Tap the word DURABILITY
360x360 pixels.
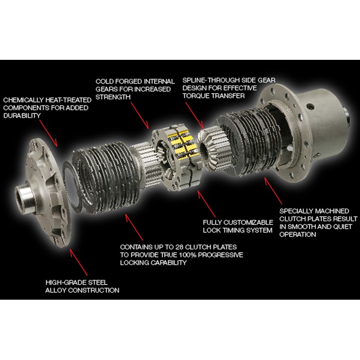22,116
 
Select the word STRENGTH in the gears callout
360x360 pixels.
113,97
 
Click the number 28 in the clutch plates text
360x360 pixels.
179,247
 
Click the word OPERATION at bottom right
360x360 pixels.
297,234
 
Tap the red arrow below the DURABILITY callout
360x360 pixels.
48,133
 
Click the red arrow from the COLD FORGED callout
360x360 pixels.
140,116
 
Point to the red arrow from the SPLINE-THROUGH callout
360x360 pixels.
195,116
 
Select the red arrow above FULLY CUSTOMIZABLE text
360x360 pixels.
207,204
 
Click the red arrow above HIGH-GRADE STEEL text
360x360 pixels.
78,262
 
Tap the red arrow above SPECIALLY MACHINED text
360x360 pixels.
273,190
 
